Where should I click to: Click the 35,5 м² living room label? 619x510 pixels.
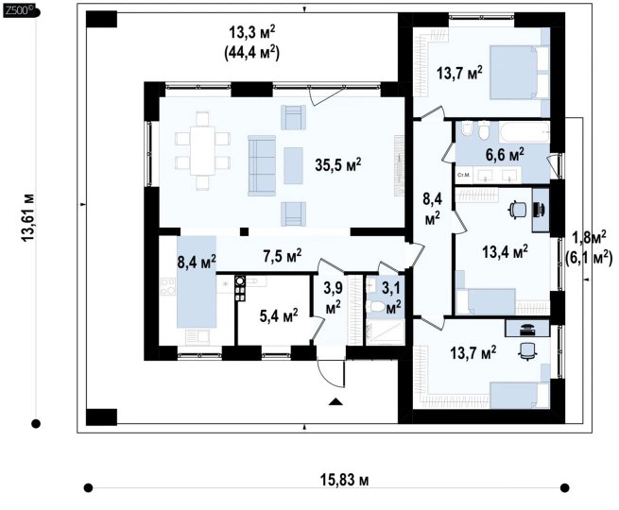point(338,165)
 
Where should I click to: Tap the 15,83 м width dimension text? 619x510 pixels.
point(344,480)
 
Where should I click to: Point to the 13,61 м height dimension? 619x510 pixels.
point(28,217)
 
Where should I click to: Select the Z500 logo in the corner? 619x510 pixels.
point(20,11)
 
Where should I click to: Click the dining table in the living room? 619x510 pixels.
point(202,150)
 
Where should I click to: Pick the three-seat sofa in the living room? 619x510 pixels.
point(262,165)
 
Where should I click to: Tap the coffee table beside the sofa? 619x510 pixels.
point(293,165)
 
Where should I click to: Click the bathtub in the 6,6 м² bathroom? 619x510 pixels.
point(524,132)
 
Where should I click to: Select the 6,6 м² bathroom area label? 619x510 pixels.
point(505,155)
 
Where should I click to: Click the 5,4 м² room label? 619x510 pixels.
point(279,315)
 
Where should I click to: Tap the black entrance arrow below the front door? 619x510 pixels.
point(335,401)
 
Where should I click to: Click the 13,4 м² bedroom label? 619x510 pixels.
point(506,251)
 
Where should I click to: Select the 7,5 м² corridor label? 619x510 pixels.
point(283,255)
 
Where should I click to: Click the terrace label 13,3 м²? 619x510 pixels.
point(252,33)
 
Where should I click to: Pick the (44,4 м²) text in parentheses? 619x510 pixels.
point(252,53)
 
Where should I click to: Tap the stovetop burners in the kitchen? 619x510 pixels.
point(167,286)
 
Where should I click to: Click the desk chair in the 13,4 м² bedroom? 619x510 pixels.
point(517,209)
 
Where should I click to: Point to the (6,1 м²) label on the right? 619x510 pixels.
point(589,258)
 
